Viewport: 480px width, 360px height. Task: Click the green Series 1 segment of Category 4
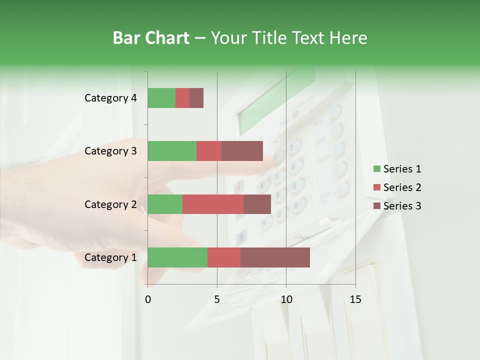coord(161,98)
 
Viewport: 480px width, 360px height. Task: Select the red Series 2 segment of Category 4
coord(182,98)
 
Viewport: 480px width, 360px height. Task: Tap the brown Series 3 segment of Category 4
coord(196,98)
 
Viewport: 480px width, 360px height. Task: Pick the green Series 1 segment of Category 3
coord(172,151)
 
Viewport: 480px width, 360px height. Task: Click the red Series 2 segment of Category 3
coord(209,151)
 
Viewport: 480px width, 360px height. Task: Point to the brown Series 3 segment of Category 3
coord(242,151)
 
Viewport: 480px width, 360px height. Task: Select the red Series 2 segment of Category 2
coord(213,204)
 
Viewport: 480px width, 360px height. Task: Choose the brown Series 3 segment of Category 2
coord(257,204)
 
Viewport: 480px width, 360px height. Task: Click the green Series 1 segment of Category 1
coord(177,257)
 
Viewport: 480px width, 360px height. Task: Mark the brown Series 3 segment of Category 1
coord(275,257)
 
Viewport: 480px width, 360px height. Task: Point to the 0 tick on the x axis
coord(148,299)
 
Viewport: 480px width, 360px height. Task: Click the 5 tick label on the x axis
coord(217,299)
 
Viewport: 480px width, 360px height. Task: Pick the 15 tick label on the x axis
coord(355,299)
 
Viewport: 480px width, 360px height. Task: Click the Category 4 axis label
coord(110,98)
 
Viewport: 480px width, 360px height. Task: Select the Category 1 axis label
coord(110,257)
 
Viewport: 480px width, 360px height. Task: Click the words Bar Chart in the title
coord(151,37)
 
